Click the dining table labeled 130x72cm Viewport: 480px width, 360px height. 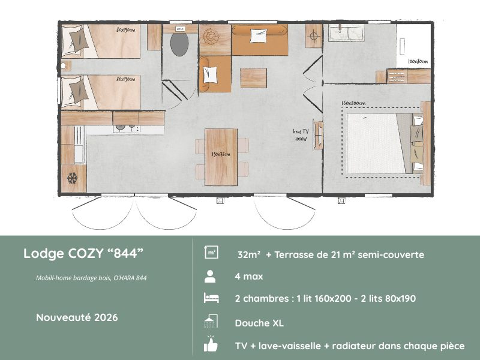pyautogui.click(x=221, y=157)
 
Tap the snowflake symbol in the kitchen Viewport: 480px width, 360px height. pyautogui.click(x=72, y=178)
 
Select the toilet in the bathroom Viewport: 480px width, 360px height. pyautogui.click(x=179, y=43)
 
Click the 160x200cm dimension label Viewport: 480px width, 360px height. pyautogui.click(x=354, y=103)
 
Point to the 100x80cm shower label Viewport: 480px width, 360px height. pyautogui.click(x=417, y=62)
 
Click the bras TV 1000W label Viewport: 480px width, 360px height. pyautogui.click(x=300, y=134)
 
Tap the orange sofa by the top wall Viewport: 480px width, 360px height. pyautogui.click(x=259, y=40)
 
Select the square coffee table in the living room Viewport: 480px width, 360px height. pyautogui.click(x=254, y=78)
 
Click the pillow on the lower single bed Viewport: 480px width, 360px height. pyautogui.click(x=78, y=91)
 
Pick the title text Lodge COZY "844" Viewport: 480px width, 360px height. pyautogui.click(x=83, y=253)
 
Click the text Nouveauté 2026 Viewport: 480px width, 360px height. pyautogui.click(x=76, y=317)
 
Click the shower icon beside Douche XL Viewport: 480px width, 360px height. pyautogui.click(x=211, y=322)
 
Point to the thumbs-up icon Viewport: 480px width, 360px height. pyautogui.click(x=211, y=345)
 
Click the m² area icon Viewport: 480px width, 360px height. pyautogui.click(x=211, y=253)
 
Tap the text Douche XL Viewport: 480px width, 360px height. pyautogui.click(x=259, y=323)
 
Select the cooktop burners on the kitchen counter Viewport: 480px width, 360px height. pyautogui.click(x=124, y=128)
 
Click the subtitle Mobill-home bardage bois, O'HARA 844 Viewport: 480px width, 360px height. pyautogui.click(x=91, y=278)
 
